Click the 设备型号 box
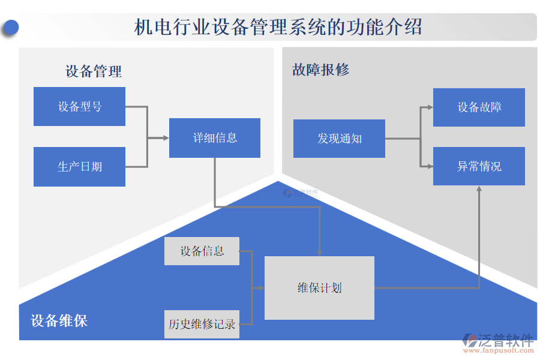point(79,107)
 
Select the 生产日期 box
point(79,167)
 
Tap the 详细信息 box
point(215,138)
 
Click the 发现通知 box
point(339,139)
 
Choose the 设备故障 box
point(479,107)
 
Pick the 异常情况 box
point(479,166)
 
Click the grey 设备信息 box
point(202,251)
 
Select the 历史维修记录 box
point(202,324)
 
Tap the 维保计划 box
point(319,288)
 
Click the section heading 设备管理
point(94,72)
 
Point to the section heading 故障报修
point(320,70)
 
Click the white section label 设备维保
point(59,321)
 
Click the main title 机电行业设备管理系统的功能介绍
point(278,27)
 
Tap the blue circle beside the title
point(10,28)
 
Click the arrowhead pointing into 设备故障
point(430,107)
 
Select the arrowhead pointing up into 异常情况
point(479,188)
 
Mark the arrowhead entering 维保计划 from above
point(319,253)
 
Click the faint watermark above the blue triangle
point(301,193)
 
